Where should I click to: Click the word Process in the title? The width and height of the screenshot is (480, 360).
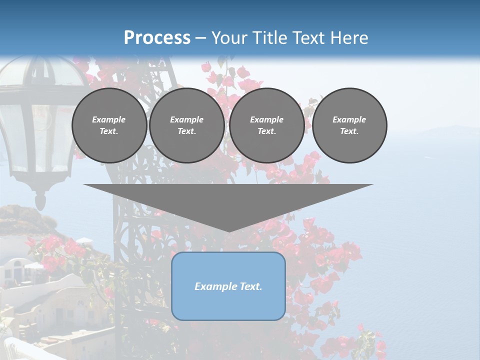[x=157, y=38]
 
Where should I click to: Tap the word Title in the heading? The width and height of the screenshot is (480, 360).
[x=267, y=38]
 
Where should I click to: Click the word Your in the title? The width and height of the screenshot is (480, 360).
[x=228, y=38]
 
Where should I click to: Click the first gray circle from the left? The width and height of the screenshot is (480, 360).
[x=109, y=125]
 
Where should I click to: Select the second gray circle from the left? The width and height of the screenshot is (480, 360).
[x=186, y=125]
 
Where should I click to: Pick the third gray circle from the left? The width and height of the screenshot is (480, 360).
[x=266, y=125]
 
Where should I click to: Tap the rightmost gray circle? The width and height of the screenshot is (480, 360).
[x=349, y=125]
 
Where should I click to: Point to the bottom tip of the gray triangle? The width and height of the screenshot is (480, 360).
[x=228, y=231]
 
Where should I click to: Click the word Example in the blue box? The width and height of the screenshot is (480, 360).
[x=212, y=286]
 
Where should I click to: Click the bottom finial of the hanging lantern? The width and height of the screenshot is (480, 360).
[x=40, y=202]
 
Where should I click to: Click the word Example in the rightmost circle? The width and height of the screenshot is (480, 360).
[x=349, y=119]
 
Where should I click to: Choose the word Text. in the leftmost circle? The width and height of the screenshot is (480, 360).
[x=109, y=131]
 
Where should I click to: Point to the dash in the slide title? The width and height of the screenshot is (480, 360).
[x=201, y=38]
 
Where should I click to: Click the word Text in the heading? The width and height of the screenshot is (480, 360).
[x=310, y=38]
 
